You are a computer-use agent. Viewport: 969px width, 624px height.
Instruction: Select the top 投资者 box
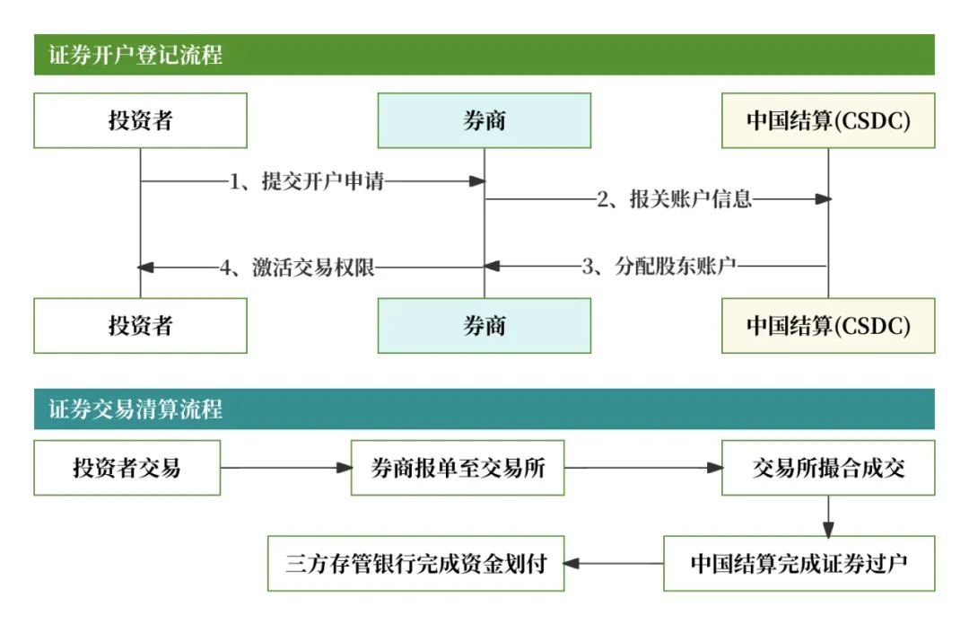click(x=140, y=120)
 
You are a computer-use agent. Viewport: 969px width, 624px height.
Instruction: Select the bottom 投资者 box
click(x=140, y=325)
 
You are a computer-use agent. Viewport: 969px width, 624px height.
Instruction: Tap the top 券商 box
click(x=484, y=120)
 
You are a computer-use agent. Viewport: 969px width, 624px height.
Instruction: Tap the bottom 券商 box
click(x=484, y=325)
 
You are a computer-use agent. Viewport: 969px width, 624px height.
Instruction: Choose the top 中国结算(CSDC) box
click(x=828, y=120)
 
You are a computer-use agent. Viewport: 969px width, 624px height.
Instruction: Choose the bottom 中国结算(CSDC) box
click(x=828, y=325)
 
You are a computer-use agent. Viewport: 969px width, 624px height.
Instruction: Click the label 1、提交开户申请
click(x=307, y=181)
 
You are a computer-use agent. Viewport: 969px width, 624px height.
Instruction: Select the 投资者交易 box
click(x=127, y=468)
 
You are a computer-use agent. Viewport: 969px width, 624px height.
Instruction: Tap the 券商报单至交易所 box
click(x=458, y=468)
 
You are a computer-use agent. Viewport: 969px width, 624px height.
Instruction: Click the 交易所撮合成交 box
click(x=828, y=468)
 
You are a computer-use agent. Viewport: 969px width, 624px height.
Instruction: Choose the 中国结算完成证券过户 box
click(x=799, y=564)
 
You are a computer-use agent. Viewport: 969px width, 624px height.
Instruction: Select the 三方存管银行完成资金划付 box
click(x=416, y=564)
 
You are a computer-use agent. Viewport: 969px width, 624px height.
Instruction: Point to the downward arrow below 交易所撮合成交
click(x=828, y=515)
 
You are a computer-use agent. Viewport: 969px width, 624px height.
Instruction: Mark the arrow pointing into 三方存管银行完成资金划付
click(x=614, y=564)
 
